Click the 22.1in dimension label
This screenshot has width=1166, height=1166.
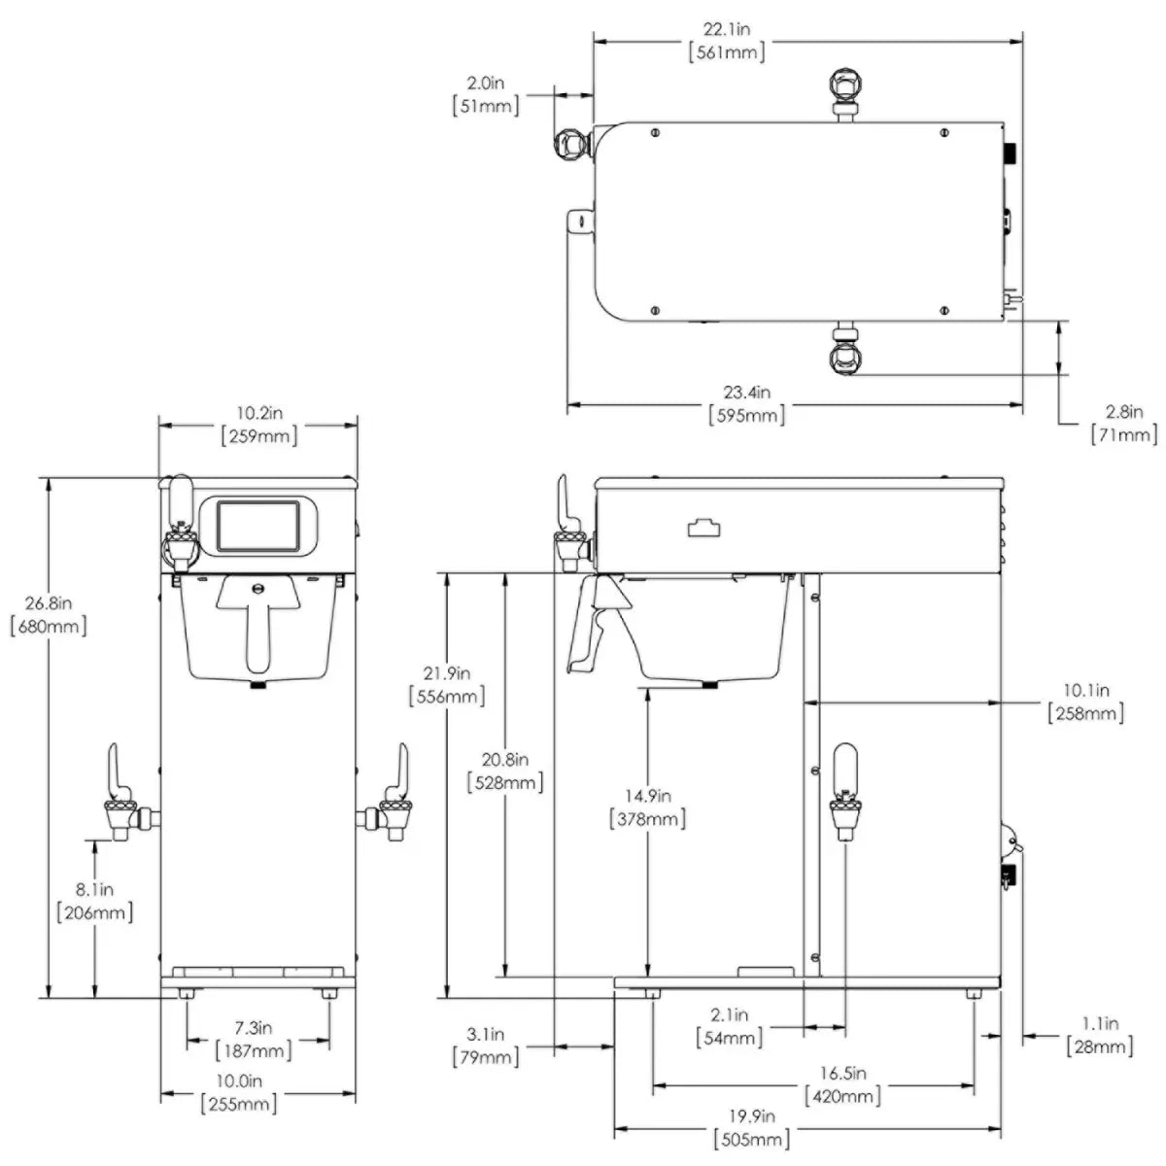tap(726, 28)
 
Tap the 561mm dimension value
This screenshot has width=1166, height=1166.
tap(726, 52)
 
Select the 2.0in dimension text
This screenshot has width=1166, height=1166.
tap(485, 83)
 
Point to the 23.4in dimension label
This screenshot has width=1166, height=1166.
tap(746, 393)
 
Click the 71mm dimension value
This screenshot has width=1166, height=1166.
tap(1123, 434)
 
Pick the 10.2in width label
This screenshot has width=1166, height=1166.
tap(259, 413)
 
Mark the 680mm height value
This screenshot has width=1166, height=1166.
tap(49, 626)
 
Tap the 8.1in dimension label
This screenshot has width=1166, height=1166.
tap(94, 889)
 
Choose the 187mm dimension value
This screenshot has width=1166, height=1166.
tap(254, 1050)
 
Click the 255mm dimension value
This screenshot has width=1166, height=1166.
tap(239, 1104)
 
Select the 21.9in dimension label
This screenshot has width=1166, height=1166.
tap(447, 672)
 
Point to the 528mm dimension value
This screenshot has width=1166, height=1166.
tap(505, 782)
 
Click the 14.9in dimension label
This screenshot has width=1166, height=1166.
tap(648, 796)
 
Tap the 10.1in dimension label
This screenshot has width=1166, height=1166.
tap(1086, 690)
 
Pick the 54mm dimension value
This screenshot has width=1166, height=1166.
tap(729, 1038)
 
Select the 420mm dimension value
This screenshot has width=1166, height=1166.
tap(842, 1096)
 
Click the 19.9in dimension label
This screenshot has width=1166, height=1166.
tap(751, 1115)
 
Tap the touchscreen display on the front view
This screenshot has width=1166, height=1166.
tap(258, 526)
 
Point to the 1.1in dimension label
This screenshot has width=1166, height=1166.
tap(1099, 1023)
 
